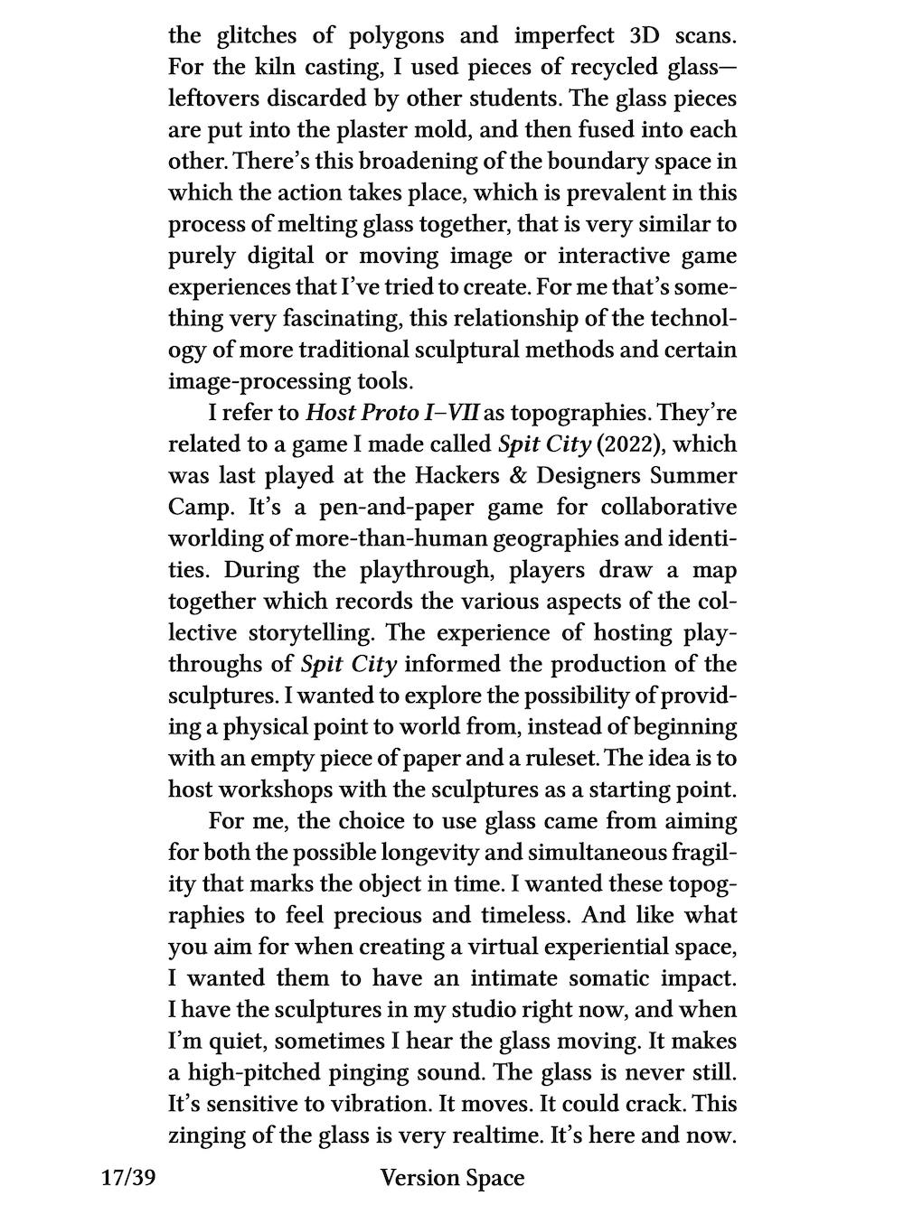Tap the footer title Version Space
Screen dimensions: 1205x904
tap(452, 1178)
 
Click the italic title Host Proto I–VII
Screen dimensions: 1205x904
tap(394, 413)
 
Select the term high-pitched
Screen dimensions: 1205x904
tap(250, 1072)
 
